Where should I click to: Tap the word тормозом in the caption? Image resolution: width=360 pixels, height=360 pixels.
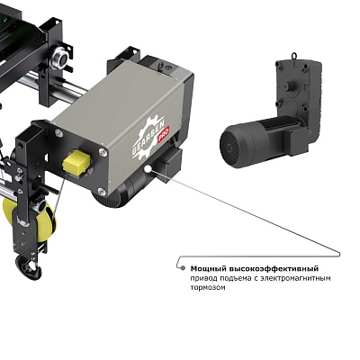(208, 288)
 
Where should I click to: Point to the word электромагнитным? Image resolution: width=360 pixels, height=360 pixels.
(295, 278)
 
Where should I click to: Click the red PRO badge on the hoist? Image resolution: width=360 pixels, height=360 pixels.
(164, 134)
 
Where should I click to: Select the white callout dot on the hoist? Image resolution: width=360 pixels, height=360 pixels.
(148, 169)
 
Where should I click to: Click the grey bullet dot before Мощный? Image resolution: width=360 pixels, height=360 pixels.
(183, 268)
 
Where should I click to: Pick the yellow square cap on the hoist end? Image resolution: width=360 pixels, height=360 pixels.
(76, 163)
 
